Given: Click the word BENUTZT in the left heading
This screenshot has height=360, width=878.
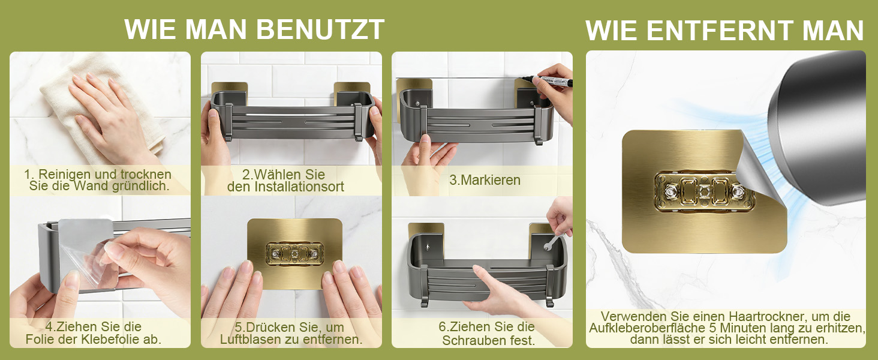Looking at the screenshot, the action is [320, 29].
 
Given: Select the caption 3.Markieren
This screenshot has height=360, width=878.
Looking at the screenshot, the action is [485, 180].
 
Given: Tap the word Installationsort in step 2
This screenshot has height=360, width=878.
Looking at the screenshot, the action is [299, 187].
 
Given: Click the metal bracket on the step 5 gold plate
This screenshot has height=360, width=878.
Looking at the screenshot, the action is [294, 254].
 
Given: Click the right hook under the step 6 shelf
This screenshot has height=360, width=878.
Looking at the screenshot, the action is [550, 286].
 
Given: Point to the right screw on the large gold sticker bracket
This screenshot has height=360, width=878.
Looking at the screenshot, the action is [738, 192].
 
